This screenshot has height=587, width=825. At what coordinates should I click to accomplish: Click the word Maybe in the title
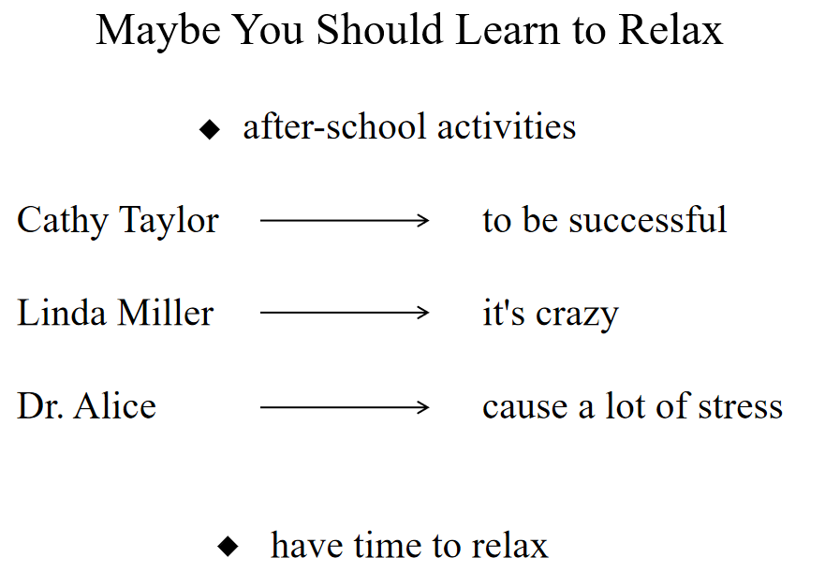[158, 32]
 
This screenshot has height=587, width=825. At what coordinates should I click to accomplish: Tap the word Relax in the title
[670, 29]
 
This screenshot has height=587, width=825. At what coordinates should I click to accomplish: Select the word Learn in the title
[508, 29]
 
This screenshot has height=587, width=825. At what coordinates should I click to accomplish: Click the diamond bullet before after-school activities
[210, 129]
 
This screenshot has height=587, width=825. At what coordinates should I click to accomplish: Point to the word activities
[507, 126]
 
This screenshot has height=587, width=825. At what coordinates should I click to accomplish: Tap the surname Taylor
[169, 222]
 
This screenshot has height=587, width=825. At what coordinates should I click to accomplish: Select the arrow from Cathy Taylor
[345, 220]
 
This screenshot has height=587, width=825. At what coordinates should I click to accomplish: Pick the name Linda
[62, 313]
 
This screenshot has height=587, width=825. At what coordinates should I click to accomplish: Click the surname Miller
[165, 313]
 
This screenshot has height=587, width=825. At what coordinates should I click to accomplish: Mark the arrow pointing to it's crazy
[345, 313]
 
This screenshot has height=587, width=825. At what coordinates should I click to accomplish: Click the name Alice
[114, 406]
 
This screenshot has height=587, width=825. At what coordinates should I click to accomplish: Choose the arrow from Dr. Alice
[345, 407]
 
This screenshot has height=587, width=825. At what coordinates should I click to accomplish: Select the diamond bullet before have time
[228, 546]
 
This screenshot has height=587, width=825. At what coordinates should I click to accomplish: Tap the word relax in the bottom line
[509, 545]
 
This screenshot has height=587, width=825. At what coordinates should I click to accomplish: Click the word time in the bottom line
[388, 545]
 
